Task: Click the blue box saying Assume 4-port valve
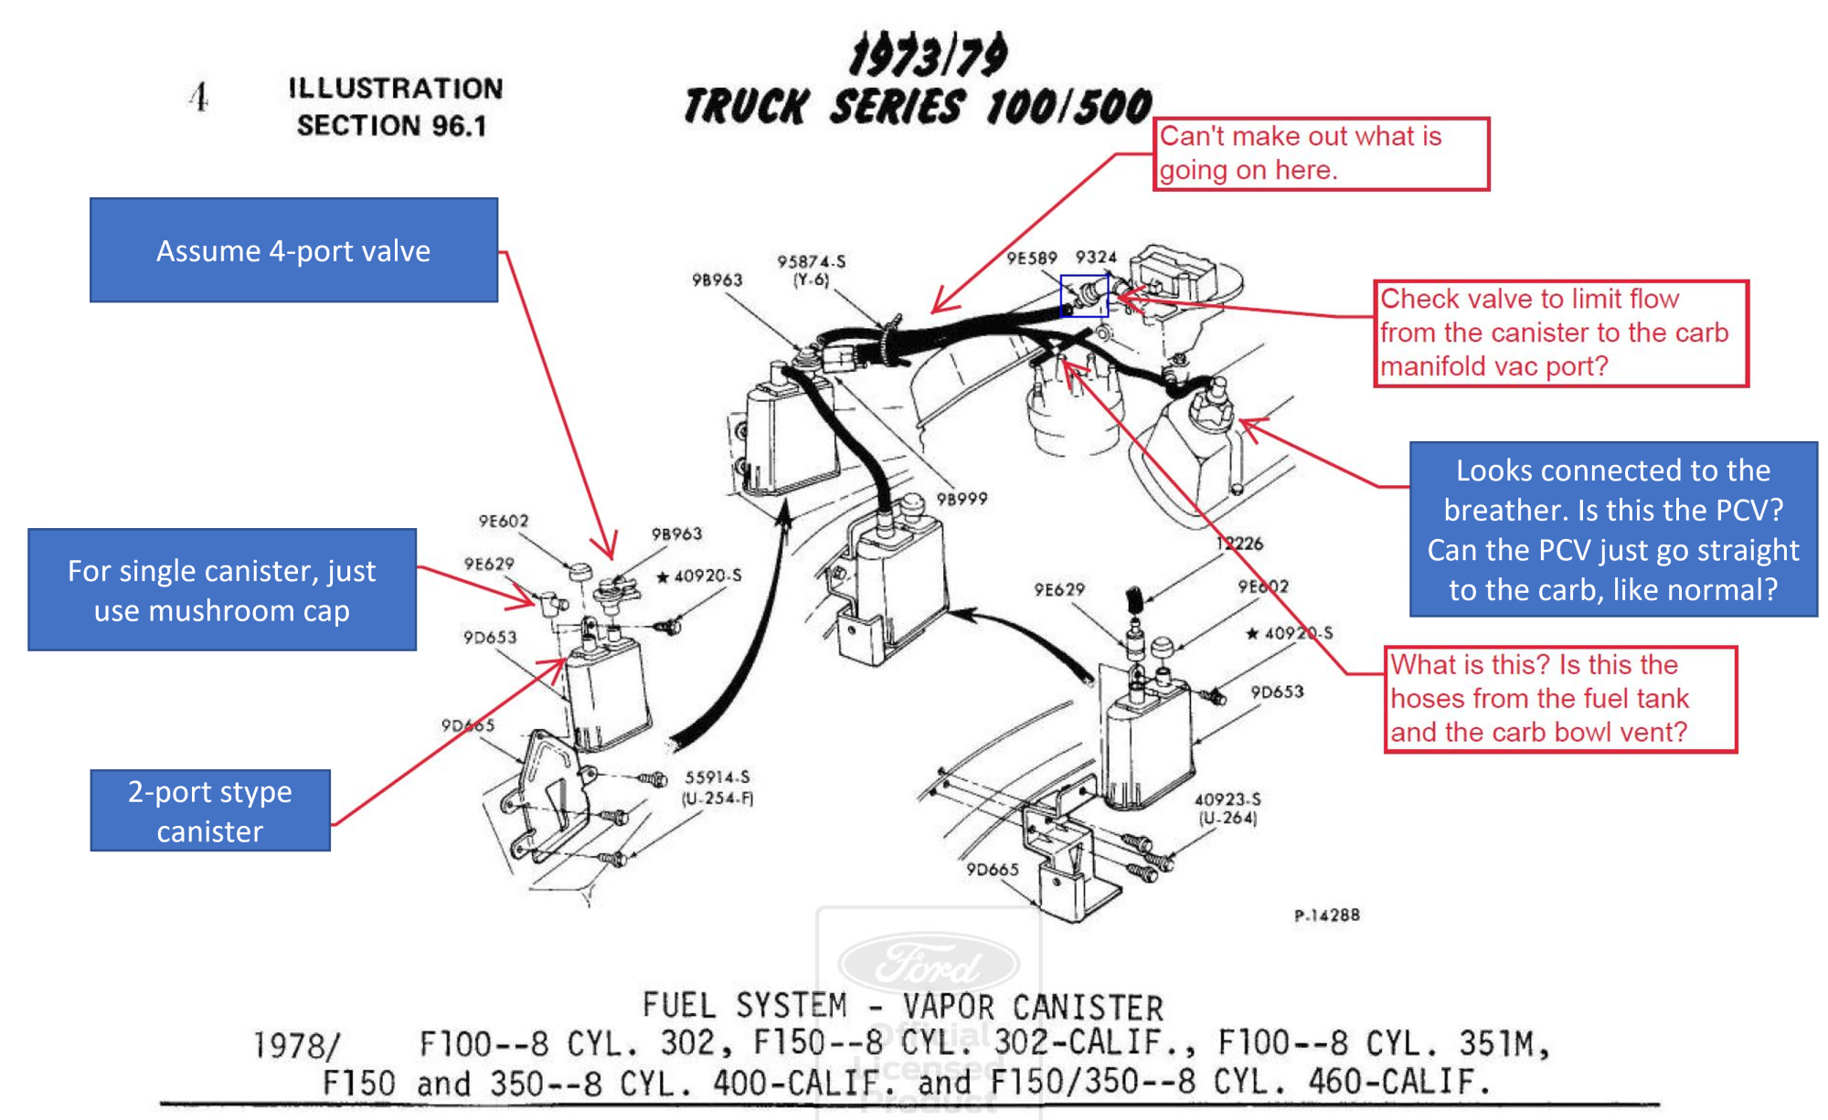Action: click(x=293, y=250)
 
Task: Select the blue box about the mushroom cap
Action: click(x=222, y=590)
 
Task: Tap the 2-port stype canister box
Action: click(x=210, y=810)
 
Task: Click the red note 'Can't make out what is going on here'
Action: click(x=1321, y=153)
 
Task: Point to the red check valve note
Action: click(x=1560, y=333)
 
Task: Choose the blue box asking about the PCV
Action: click(x=1613, y=530)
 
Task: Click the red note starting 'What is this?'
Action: click(x=1559, y=699)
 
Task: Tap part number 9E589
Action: click(x=1031, y=258)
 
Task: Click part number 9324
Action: click(x=1096, y=257)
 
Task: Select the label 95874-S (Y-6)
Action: click(x=811, y=270)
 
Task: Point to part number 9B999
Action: click(x=962, y=499)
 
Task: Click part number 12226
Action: click(x=1239, y=543)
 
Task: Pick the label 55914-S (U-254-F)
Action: click(x=718, y=787)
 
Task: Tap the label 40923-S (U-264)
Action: click(x=1228, y=808)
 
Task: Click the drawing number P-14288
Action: click(x=1326, y=914)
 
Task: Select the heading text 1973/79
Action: click(x=928, y=56)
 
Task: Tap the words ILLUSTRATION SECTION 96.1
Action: click(x=395, y=107)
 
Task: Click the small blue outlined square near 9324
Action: click(x=1084, y=296)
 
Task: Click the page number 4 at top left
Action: click(x=199, y=97)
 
